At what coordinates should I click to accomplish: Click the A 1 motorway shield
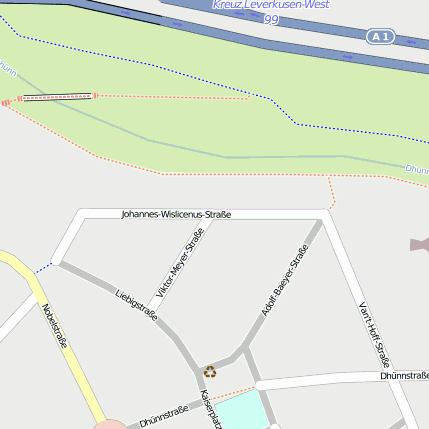(378, 37)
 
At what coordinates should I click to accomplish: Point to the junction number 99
(271, 19)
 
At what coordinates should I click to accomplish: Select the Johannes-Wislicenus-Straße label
(176, 214)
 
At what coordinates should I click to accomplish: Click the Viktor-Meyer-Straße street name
(181, 263)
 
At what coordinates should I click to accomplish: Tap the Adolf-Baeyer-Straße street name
(284, 282)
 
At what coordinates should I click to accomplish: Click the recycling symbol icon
(210, 372)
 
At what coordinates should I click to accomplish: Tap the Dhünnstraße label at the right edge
(404, 375)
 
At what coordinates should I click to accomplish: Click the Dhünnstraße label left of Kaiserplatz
(163, 415)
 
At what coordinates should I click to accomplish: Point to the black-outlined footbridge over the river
(57, 97)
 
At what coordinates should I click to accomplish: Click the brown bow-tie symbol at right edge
(419, 245)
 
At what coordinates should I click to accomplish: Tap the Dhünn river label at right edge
(417, 169)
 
